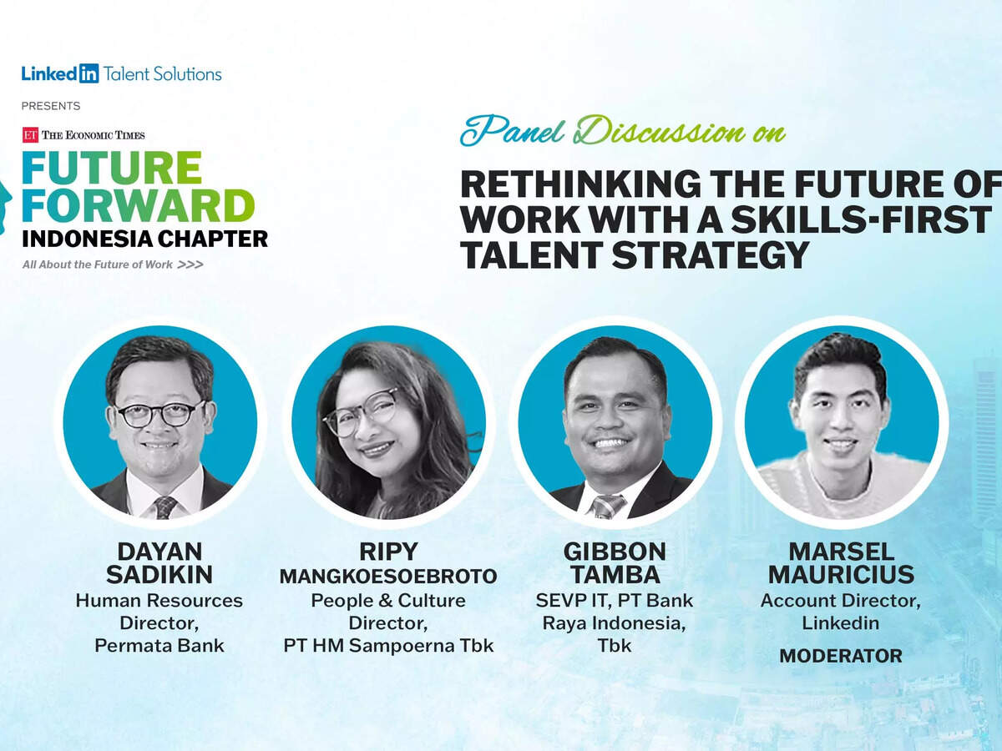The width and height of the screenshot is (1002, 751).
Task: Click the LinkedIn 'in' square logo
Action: pyautogui.click(x=89, y=73)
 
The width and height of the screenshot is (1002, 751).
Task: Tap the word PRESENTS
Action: pyautogui.click(x=51, y=106)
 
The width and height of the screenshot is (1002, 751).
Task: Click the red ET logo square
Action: pyautogui.click(x=30, y=135)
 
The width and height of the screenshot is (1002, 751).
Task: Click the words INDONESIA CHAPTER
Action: pyautogui.click(x=144, y=239)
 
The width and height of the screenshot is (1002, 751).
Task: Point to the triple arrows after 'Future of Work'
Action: pyautogui.click(x=190, y=265)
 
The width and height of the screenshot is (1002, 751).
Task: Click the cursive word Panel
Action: pyautogui.click(x=512, y=131)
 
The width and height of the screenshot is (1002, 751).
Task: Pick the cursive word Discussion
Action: pyautogui.click(x=659, y=131)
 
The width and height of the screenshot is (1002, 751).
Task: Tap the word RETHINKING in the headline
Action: pyautogui.click(x=580, y=184)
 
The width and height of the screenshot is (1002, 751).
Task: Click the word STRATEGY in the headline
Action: pyautogui.click(x=710, y=255)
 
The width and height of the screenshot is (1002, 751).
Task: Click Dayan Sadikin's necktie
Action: pyautogui.click(x=164, y=507)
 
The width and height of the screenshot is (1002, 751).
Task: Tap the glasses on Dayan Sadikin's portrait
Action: pyautogui.click(x=159, y=414)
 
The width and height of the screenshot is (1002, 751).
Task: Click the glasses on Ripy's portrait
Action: pyautogui.click(x=359, y=411)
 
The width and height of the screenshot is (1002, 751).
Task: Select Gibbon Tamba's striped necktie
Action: pyautogui.click(x=607, y=507)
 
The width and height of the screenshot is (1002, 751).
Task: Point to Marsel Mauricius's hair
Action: pyautogui.click(x=840, y=360)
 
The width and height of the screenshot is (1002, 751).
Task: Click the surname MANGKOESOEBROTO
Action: pyautogui.click(x=388, y=577)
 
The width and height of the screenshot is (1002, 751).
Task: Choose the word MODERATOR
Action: pyautogui.click(x=841, y=656)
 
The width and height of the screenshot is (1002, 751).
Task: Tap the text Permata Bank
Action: pyautogui.click(x=159, y=646)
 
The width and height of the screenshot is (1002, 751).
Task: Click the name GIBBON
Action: pyautogui.click(x=615, y=552)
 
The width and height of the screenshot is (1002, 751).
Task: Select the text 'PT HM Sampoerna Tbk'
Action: pyautogui.click(x=388, y=646)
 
